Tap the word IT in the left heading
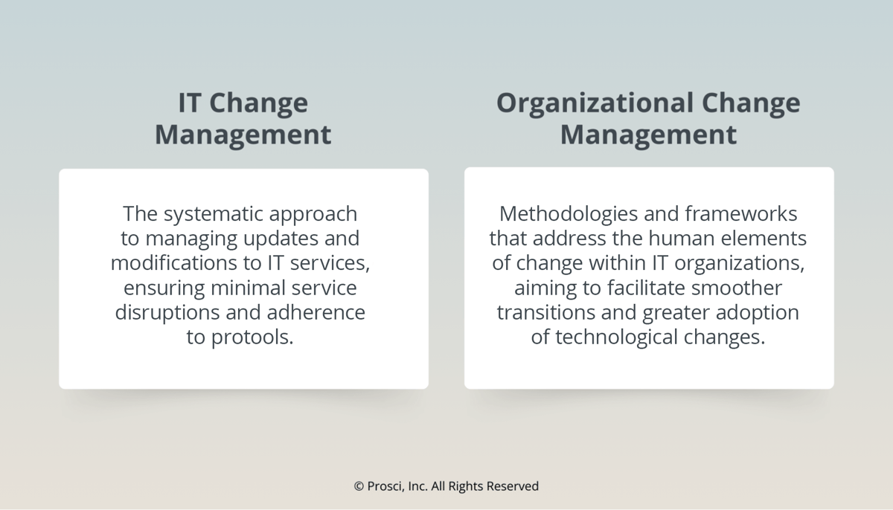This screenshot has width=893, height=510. click(189, 103)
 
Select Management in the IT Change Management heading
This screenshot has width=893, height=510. click(243, 135)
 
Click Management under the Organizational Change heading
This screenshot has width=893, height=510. click(648, 135)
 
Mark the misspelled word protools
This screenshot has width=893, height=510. click(252, 338)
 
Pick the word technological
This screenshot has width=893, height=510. click(605, 338)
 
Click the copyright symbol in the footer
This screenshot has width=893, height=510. click(359, 486)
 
